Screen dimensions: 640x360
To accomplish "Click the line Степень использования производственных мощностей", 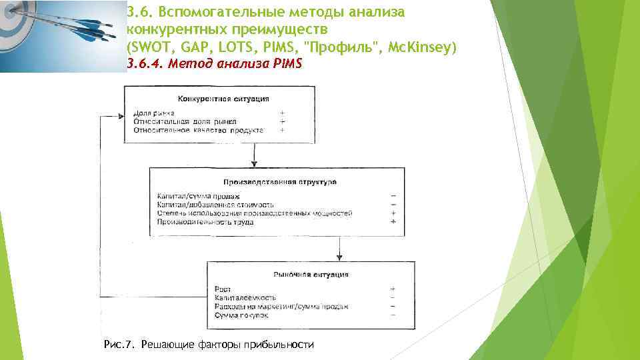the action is click(255, 213).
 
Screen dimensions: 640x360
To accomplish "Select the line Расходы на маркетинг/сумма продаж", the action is click(281, 306).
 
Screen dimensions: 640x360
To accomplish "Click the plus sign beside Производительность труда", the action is click(394, 221).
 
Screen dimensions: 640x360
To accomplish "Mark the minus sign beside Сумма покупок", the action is click(393, 314).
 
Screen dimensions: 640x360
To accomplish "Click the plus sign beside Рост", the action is click(393, 289).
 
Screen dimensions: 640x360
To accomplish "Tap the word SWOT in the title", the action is click(150, 48).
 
